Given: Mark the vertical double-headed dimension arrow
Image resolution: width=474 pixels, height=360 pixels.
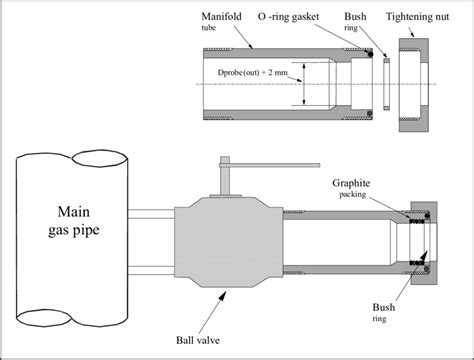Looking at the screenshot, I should point(304,85).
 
